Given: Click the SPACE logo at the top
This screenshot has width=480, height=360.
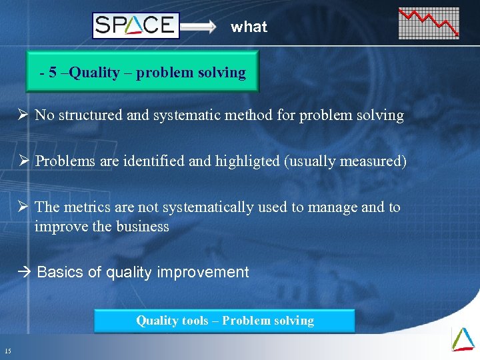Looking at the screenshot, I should coord(136,26).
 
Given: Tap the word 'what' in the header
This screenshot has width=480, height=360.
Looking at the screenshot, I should coord(249,27).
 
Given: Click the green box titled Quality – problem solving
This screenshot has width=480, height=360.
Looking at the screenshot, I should coord(142,73).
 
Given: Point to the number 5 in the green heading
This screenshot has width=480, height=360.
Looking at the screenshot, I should coord(53,73).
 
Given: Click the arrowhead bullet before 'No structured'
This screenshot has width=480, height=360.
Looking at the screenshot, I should coord(24,115).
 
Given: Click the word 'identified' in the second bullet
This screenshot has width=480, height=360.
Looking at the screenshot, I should coord(147,161).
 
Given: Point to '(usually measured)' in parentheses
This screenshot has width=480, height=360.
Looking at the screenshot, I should coord(345,161).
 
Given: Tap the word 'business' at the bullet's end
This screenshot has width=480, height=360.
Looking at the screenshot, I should coord(142,227).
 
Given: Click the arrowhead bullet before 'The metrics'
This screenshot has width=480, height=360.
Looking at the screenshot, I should coord(24,207).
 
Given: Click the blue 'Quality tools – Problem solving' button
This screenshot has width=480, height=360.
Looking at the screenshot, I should coord(225,321).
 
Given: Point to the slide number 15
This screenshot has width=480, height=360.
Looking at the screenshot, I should coord(7,351).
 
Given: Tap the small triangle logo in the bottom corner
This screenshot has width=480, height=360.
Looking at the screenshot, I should coord(463,339).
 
